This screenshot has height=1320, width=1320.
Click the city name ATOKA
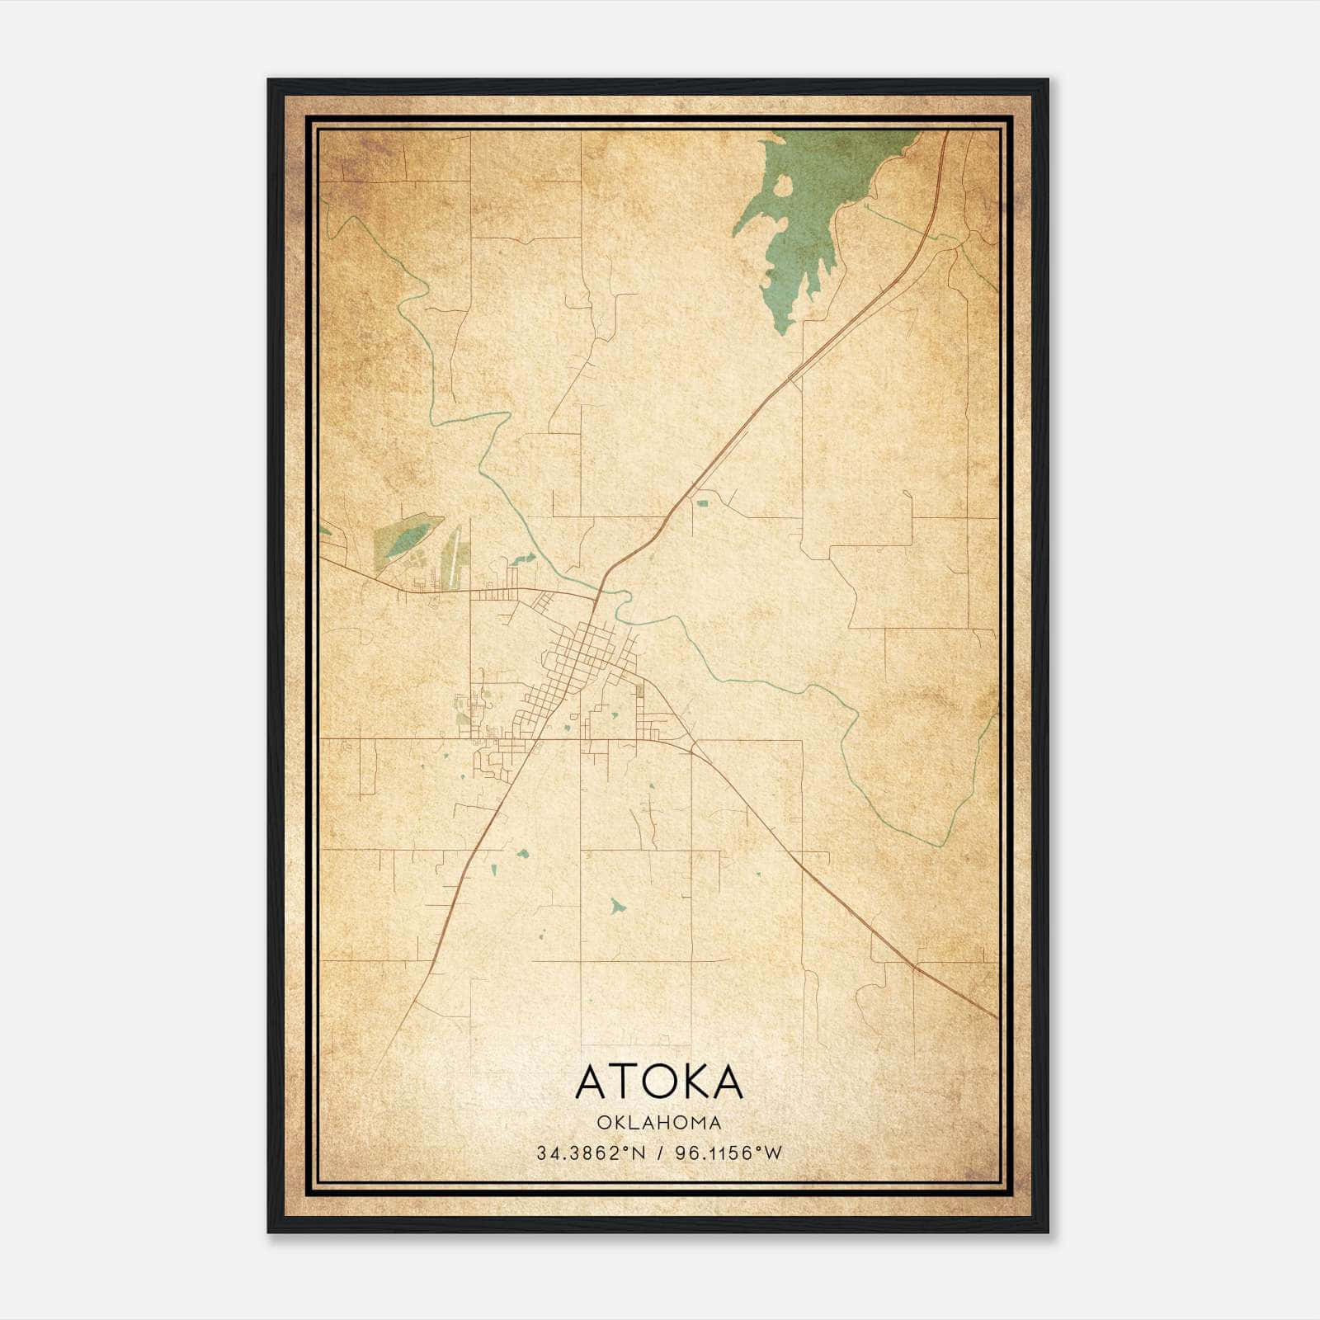pos(659,1082)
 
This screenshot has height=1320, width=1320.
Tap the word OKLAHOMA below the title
pos(659,1123)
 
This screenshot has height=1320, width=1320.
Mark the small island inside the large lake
pos(781,186)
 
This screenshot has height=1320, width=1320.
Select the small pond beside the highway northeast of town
pos(702,502)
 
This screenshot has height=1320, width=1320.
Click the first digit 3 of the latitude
pos(541,1153)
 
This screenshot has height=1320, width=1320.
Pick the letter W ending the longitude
pos(774,1153)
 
